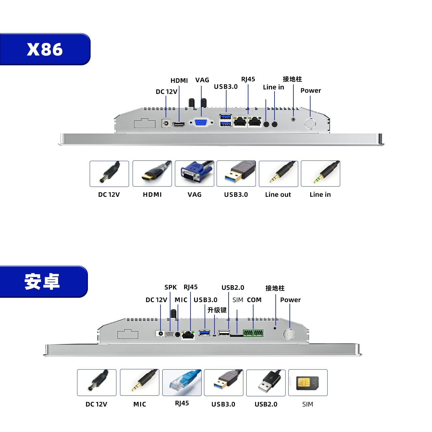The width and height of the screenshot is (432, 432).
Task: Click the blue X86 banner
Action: pos(45,49)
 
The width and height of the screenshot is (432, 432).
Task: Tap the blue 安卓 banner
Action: pos(43,281)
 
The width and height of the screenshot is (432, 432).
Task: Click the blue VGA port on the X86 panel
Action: pos(201,122)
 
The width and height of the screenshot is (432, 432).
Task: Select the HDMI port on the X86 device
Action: pos(178,124)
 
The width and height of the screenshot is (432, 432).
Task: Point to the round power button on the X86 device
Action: pos(310,123)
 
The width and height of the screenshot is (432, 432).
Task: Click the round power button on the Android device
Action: pos(289,334)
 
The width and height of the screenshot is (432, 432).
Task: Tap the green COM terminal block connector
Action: pos(253,333)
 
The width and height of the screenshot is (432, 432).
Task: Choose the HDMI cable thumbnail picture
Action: pos(152,173)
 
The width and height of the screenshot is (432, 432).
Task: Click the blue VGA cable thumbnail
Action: pos(194,173)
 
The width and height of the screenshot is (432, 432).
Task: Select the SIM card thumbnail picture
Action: pos(307,382)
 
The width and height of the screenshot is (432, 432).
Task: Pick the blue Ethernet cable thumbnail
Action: pos(182,382)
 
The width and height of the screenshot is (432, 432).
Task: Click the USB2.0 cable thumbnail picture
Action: pos(266,382)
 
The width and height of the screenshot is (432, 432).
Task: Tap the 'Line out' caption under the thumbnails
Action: pos(278,194)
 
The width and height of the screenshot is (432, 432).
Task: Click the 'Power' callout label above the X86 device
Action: pos(310,90)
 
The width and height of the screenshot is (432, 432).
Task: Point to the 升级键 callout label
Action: pos(217,310)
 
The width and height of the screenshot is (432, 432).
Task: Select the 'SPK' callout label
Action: pos(170,287)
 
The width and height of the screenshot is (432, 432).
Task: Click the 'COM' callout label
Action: pos(254,300)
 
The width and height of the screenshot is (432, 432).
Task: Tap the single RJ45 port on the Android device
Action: pos(187,335)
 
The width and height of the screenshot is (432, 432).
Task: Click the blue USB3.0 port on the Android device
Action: pos(204,333)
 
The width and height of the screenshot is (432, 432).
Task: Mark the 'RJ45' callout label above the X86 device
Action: pos(248,79)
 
